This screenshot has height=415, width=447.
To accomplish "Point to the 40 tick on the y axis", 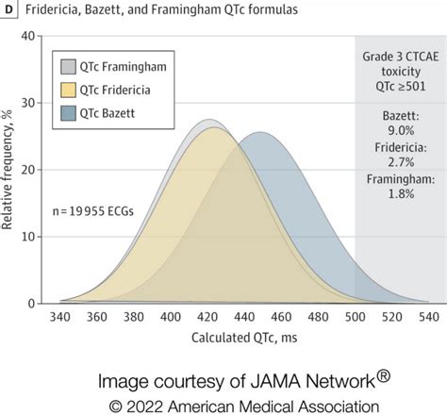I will point(28,36).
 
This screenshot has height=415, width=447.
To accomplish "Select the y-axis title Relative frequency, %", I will point(10,170).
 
